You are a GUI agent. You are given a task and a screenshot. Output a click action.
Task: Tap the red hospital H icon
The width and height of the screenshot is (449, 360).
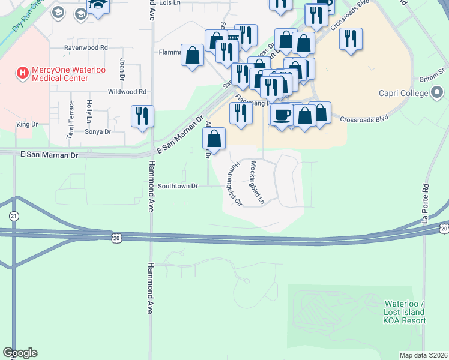[x=23, y=73]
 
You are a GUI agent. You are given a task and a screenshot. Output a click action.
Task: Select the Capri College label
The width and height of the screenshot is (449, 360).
[x=403, y=93]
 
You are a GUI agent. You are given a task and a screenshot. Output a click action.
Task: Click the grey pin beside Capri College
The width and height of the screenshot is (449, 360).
[x=437, y=92]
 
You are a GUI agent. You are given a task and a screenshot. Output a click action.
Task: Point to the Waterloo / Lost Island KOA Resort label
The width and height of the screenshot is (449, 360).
[x=405, y=312]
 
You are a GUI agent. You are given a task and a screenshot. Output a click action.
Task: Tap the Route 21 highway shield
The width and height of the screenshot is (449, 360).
[x=14, y=215]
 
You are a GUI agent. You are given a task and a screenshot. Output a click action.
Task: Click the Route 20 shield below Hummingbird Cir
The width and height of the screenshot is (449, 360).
[x=116, y=238]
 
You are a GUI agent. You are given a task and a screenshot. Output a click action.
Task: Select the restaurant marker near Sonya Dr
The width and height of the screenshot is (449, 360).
[x=142, y=116]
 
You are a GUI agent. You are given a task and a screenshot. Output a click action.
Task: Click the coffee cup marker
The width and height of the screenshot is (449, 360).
[x=281, y=115]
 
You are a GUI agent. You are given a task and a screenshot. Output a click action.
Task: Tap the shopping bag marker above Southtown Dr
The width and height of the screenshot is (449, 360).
[x=214, y=139]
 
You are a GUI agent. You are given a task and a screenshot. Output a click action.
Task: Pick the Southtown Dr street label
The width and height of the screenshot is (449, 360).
[x=178, y=187]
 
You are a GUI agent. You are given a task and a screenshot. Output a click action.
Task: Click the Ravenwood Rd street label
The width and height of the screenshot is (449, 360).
[x=86, y=47]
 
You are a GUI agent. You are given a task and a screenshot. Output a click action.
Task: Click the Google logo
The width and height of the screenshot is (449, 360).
[x=20, y=353]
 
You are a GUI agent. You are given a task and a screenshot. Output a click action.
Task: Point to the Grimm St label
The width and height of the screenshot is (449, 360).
[x=432, y=78]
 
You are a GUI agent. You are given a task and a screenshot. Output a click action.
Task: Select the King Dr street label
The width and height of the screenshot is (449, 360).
[x=28, y=124]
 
